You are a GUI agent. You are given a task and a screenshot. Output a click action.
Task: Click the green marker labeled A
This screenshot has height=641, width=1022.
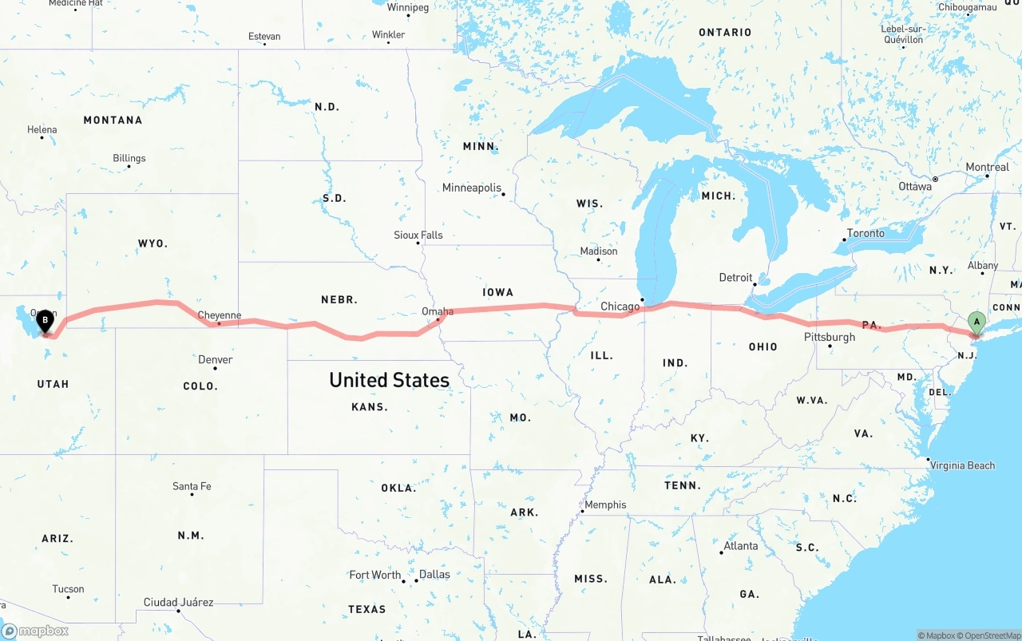(975, 322)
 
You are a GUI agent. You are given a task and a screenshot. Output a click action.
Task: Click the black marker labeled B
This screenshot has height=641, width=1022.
(46, 322)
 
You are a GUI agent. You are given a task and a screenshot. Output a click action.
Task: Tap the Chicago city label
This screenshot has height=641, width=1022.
(620, 307)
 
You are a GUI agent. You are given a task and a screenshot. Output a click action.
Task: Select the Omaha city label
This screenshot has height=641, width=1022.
(438, 311)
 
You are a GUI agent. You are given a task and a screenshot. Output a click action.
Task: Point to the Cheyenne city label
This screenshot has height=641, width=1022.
(219, 315)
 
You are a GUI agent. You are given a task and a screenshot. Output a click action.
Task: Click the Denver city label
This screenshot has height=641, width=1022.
(215, 360)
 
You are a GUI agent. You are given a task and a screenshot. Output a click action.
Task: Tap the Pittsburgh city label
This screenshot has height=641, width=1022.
(829, 337)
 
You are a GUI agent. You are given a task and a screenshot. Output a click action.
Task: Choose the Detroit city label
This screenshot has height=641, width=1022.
(735, 278)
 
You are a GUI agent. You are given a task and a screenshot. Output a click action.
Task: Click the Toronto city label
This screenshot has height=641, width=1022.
(866, 233)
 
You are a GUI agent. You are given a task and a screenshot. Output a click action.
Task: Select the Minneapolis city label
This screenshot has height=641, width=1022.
(471, 188)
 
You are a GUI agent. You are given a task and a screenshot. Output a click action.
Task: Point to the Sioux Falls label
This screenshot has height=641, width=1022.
(418, 235)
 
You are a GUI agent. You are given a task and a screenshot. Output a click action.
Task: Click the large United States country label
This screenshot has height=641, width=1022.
(389, 380)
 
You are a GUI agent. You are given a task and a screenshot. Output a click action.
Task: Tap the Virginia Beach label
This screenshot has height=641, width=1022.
(962, 465)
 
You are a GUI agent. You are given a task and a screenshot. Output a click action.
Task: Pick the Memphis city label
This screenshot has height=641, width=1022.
(605, 504)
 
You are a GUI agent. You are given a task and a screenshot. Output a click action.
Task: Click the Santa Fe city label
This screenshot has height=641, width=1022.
(192, 486)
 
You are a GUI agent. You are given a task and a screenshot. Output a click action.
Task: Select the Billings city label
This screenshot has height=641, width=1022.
(129, 158)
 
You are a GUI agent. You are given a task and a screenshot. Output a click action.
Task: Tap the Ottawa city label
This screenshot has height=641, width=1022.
(914, 186)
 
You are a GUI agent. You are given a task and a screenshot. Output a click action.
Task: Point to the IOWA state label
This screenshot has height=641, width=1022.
(497, 292)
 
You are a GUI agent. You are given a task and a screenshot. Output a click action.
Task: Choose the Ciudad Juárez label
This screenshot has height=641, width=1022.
(178, 602)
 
